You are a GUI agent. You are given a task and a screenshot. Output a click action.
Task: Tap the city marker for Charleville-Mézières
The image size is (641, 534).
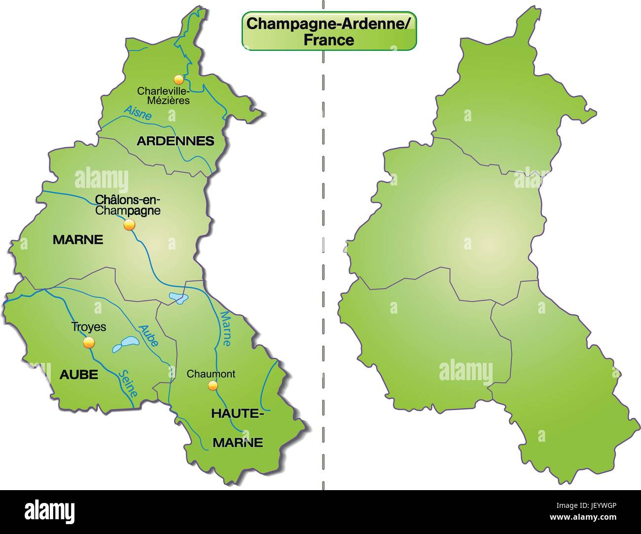click(x=178, y=79)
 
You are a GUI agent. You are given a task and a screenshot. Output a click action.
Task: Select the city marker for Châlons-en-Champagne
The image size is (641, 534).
click(x=129, y=225)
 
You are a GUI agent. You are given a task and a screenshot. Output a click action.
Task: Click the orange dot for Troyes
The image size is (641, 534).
click(x=89, y=343)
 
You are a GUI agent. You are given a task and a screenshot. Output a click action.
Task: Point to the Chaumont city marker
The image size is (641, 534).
click(x=213, y=385)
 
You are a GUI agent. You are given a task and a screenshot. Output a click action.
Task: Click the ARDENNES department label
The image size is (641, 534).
click(x=176, y=141)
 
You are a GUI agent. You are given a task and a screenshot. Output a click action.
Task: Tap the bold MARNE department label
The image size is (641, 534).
click(x=78, y=240)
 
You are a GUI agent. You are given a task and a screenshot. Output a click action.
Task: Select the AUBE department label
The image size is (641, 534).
click(x=78, y=375)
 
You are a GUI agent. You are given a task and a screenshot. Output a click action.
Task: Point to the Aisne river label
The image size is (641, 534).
click(x=138, y=113)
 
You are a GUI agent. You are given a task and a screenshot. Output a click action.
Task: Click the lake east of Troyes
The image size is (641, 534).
click(x=125, y=344)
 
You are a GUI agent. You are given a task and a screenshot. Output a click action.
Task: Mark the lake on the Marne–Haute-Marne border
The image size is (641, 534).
click(x=178, y=298)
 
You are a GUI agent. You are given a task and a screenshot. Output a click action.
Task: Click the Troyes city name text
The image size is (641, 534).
click(x=89, y=326)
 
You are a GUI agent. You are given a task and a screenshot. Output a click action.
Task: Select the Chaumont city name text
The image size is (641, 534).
click(x=211, y=374)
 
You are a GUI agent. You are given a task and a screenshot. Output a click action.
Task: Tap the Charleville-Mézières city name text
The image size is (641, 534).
click(x=163, y=96)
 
